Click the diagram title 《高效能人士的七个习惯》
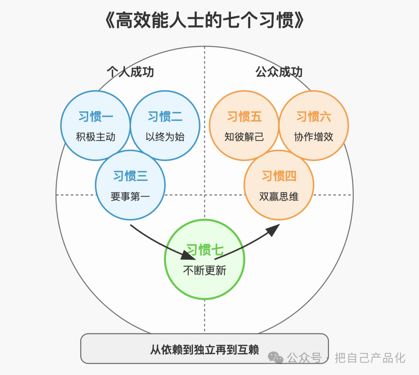205,21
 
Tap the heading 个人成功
130,72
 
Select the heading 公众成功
279,72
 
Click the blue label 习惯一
96,116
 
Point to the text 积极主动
96,137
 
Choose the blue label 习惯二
165,116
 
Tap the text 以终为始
165,137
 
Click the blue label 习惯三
130,176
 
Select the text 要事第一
130,196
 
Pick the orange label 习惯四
279,176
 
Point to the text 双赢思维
279,196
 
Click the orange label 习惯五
244,116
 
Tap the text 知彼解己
244,137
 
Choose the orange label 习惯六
314,116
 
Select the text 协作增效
314,137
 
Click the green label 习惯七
205,250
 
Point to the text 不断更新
205,270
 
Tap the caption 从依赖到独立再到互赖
204,349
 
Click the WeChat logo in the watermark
275,358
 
